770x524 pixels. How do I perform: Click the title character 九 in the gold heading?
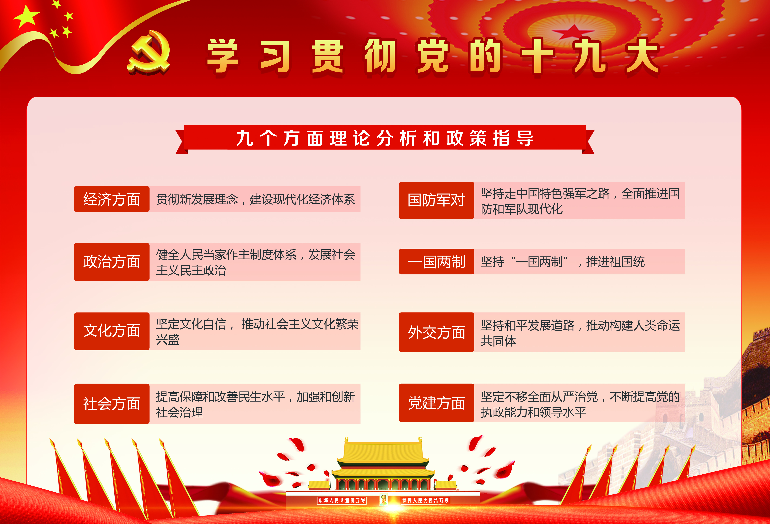(590, 56)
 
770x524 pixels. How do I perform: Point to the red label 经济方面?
(112, 199)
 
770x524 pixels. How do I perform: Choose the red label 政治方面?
(112, 262)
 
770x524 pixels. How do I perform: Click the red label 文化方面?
(112, 331)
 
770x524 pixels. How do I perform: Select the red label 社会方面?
(112, 404)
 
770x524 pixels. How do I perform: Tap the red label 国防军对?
(436, 200)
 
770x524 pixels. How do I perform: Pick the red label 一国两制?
(436, 261)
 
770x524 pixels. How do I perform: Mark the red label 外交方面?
(436, 332)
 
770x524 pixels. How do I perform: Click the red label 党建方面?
(436, 403)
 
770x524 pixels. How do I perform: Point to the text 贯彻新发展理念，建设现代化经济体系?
(255, 199)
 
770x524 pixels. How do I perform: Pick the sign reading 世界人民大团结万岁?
(425, 500)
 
